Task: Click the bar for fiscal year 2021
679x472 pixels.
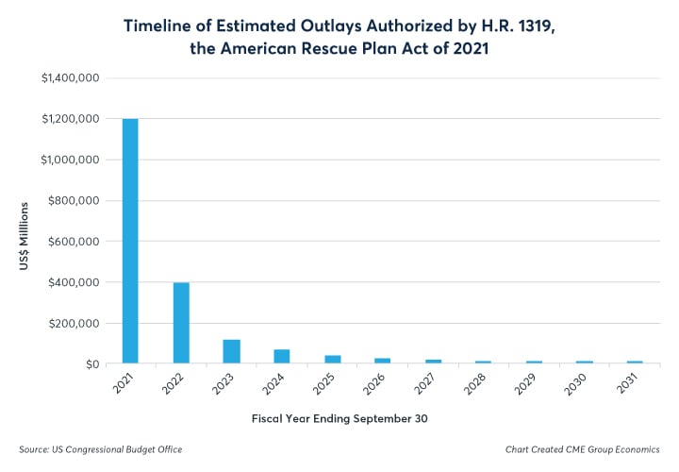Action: tap(130, 241)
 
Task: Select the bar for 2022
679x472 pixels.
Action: tap(181, 322)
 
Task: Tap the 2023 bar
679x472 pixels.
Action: tap(232, 350)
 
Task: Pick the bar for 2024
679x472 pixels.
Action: tap(282, 356)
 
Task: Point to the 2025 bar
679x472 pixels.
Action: tap(333, 359)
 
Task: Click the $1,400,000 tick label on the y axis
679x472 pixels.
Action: tap(67, 78)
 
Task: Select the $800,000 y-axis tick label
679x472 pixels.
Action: tap(73, 201)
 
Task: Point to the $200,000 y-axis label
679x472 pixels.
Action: tap(73, 323)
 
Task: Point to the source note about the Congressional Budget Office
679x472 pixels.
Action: tap(101, 449)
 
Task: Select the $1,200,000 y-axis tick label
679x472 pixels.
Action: tap(69, 120)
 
